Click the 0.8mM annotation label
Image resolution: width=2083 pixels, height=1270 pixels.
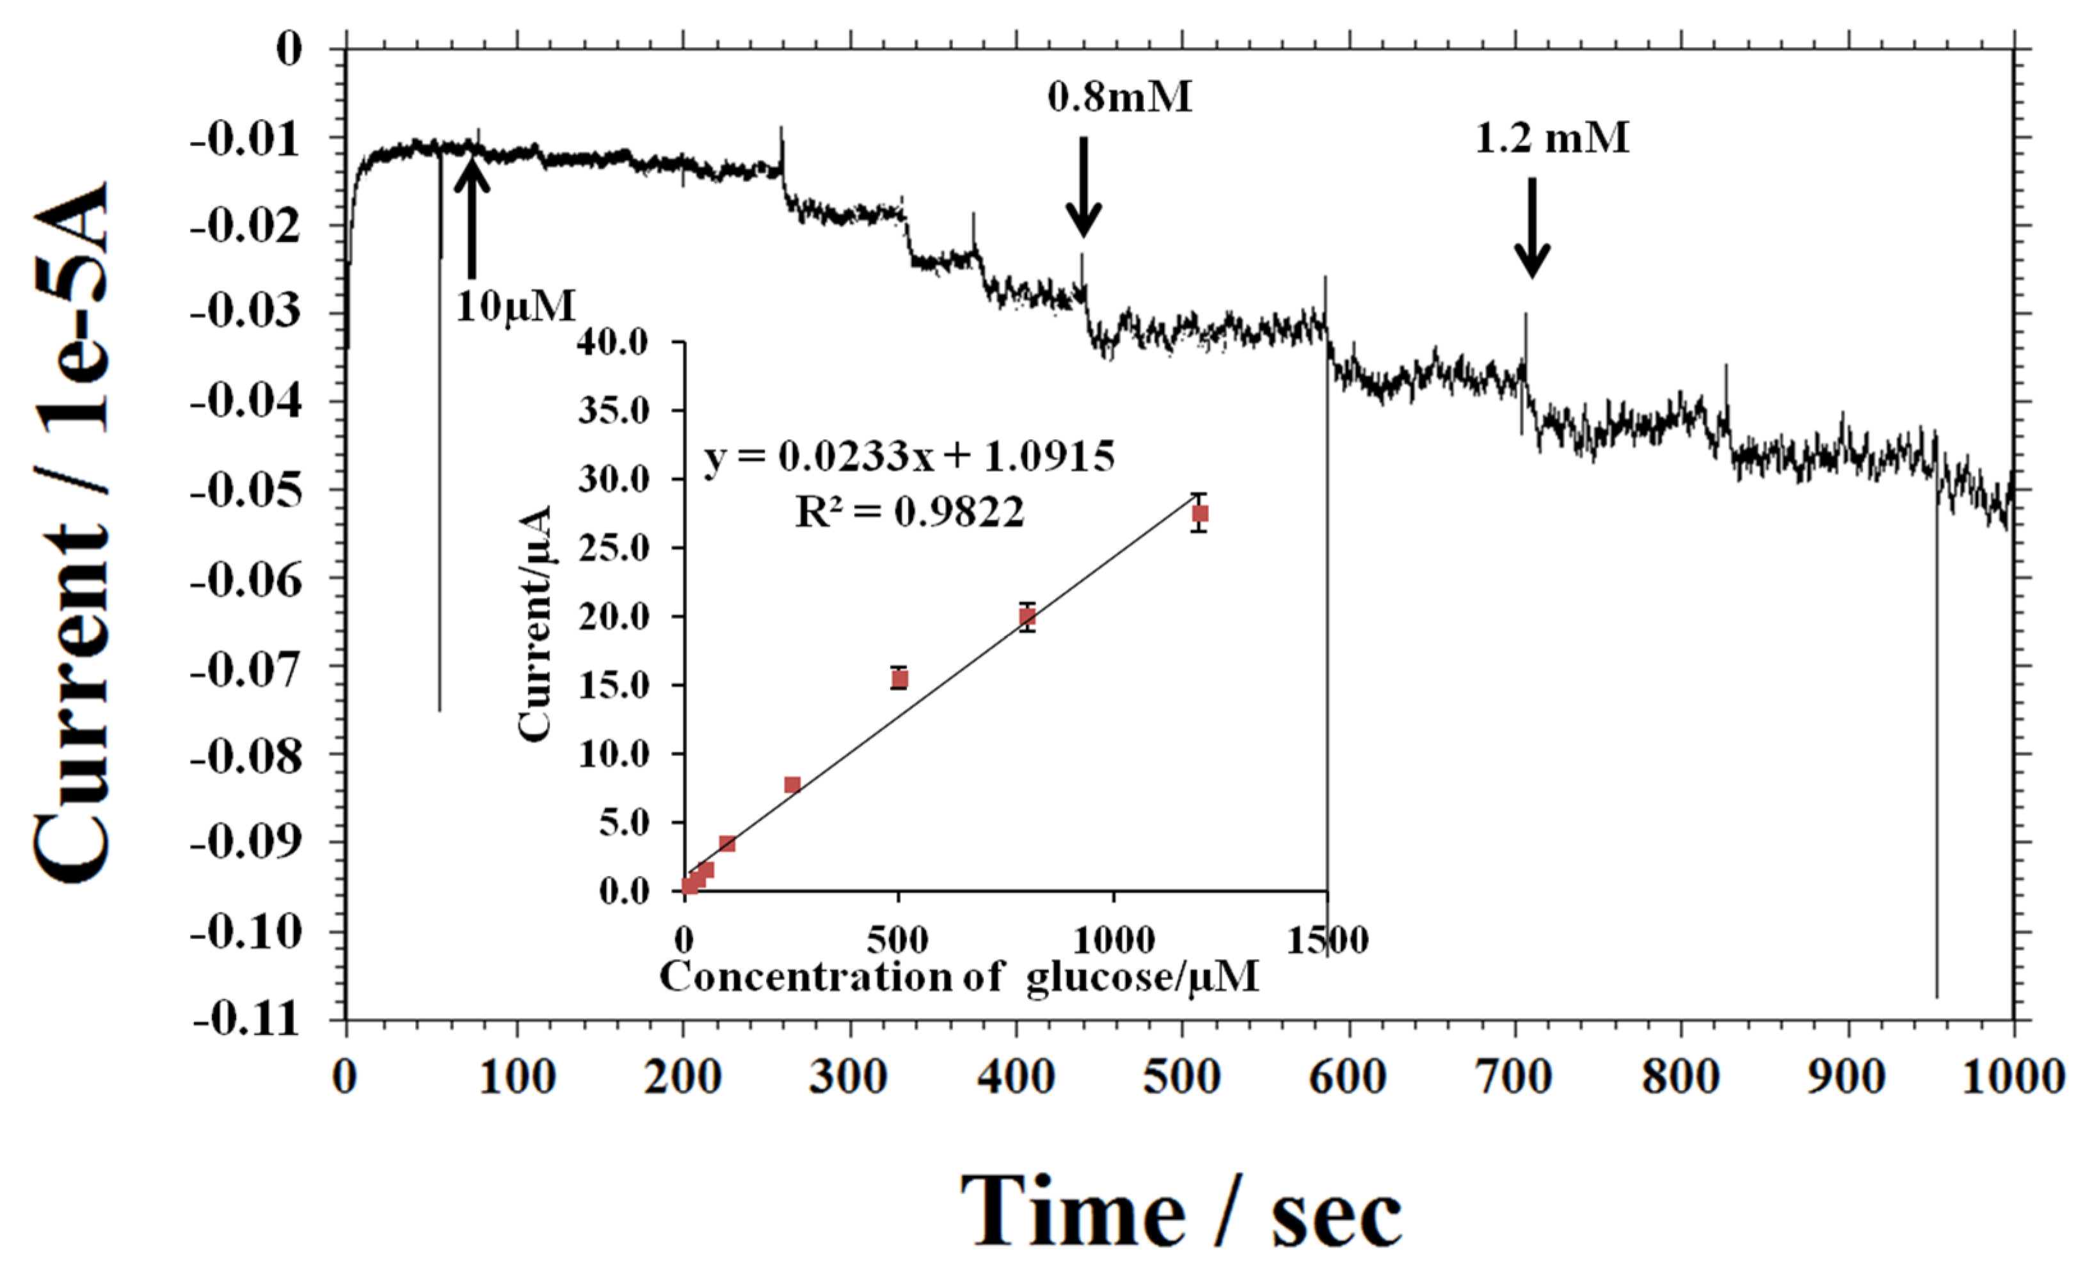tap(1119, 97)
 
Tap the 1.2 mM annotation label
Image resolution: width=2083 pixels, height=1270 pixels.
tap(1552, 138)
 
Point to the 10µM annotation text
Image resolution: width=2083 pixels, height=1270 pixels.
tap(516, 305)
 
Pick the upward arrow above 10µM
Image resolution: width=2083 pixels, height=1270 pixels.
tap(472, 216)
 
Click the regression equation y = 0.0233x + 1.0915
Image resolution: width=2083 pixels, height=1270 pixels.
tap(909, 458)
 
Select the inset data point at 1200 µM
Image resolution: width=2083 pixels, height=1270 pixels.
tap(1199, 513)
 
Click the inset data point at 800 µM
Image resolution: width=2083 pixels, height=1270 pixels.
tap(1027, 616)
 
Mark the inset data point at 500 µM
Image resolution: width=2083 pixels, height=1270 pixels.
tap(900, 678)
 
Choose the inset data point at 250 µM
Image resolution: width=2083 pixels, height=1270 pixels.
tap(792, 785)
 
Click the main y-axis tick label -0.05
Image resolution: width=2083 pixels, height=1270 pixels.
tap(246, 490)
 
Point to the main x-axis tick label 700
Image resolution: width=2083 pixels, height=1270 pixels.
tap(1513, 1078)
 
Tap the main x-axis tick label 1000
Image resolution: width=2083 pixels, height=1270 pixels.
tap(2012, 1078)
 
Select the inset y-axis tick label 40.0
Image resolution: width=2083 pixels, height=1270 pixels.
tap(614, 342)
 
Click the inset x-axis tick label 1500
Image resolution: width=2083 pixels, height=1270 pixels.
tap(1327, 940)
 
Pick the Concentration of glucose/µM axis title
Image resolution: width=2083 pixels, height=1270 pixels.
tap(959, 977)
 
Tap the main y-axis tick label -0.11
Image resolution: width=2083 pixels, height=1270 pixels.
tap(246, 1020)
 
